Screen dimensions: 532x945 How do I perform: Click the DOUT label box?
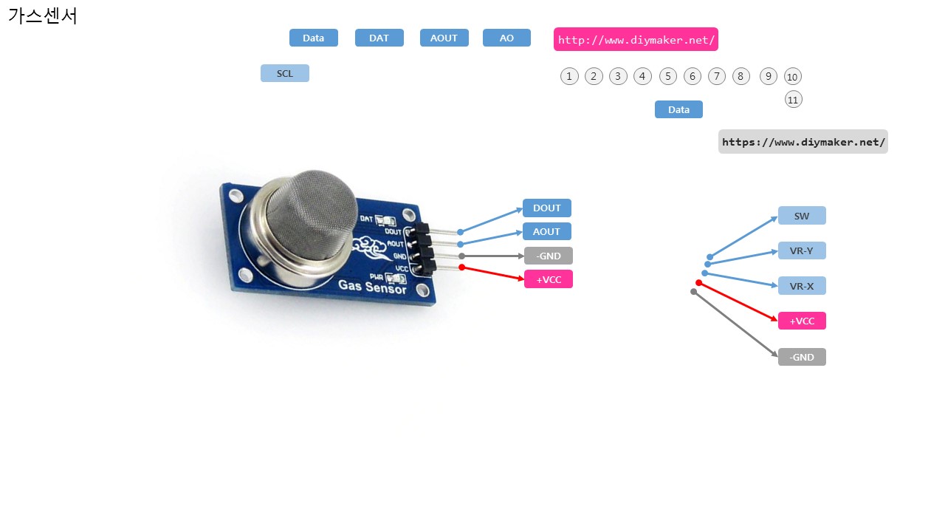[x=547, y=208]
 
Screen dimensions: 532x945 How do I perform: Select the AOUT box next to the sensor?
[x=547, y=232]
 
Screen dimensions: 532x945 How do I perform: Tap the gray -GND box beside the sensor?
[x=549, y=256]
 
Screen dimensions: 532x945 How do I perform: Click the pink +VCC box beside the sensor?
[x=549, y=280]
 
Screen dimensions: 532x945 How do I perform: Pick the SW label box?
[x=802, y=216]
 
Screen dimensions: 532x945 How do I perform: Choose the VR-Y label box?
[x=802, y=251]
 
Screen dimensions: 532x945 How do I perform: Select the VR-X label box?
[x=802, y=287]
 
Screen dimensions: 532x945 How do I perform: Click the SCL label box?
[x=285, y=74]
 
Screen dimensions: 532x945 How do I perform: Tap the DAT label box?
[x=379, y=38]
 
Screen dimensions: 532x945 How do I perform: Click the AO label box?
[x=506, y=38]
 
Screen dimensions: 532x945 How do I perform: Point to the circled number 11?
[x=794, y=100]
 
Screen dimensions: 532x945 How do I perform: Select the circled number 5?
[x=668, y=76]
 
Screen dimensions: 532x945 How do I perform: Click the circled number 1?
[x=569, y=76]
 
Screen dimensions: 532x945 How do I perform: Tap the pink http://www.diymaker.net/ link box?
[x=636, y=40]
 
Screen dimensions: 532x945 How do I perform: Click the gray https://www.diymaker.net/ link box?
[x=803, y=142]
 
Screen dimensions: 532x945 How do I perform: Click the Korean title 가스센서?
[x=43, y=16]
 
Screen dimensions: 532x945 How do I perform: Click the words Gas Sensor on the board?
[x=373, y=287]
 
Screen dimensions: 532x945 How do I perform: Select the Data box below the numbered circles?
[x=678, y=110]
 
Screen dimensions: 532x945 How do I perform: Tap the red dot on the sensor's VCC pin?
[x=462, y=267]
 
